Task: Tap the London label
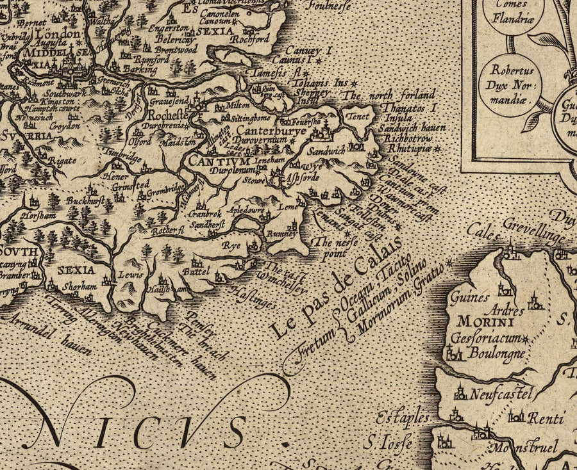click(x=58, y=34)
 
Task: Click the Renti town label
click(x=542, y=419)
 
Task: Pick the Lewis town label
click(x=130, y=273)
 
